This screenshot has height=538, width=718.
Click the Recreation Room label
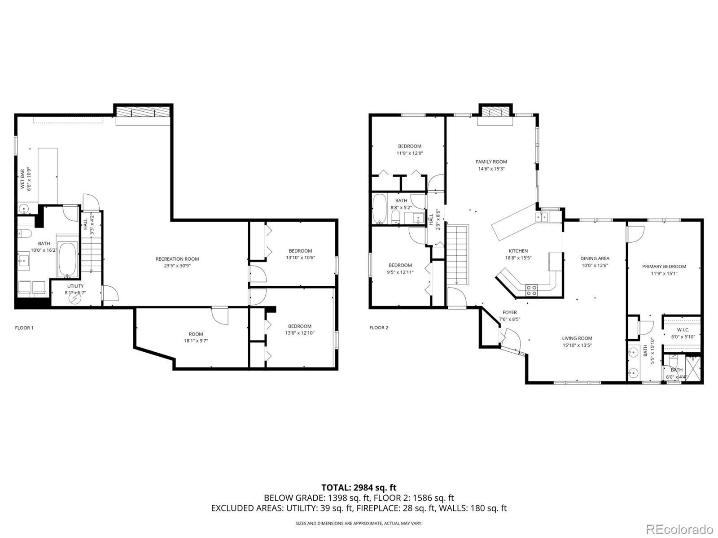[x=177, y=259]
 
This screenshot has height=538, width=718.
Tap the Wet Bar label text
[x=22, y=179]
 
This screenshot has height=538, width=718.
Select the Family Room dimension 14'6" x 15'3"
[x=491, y=169]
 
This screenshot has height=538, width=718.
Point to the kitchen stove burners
[x=532, y=290]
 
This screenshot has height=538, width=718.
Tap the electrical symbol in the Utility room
[x=74, y=298]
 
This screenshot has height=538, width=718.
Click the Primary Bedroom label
[x=664, y=267]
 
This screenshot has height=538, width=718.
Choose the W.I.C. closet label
[x=683, y=330]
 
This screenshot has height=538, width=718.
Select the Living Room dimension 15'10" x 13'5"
[x=577, y=345]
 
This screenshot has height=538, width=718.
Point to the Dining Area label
[x=595, y=258]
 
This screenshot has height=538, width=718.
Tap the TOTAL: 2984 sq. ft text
[x=359, y=488]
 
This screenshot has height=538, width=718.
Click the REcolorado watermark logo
[x=679, y=529]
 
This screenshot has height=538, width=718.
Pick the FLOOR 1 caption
[x=24, y=328]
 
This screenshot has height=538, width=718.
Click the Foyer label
[x=510, y=312]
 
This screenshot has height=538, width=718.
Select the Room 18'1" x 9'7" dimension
[x=196, y=341]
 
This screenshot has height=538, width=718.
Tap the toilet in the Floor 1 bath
[x=24, y=233]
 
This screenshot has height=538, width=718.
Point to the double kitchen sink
[x=541, y=217]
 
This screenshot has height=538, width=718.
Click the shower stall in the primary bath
[x=693, y=368]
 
